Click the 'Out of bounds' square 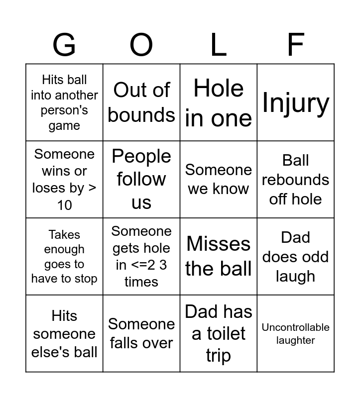click(x=141, y=102)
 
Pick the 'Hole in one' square click(x=219, y=102)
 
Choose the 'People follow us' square click(x=141, y=179)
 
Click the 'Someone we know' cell click(x=219, y=179)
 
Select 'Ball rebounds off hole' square click(x=296, y=179)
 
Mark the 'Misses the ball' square click(x=219, y=256)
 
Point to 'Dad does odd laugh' click(x=296, y=256)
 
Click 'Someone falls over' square click(x=141, y=333)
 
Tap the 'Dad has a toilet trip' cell click(x=219, y=333)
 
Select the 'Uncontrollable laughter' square click(x=296, y=333)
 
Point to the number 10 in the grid click(x=64, y=205)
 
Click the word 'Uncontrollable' click(x=296, y=327)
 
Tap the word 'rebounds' click(x=296, y=180)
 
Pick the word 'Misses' click(x=219, y=244)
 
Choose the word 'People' click(x=141, y=156)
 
